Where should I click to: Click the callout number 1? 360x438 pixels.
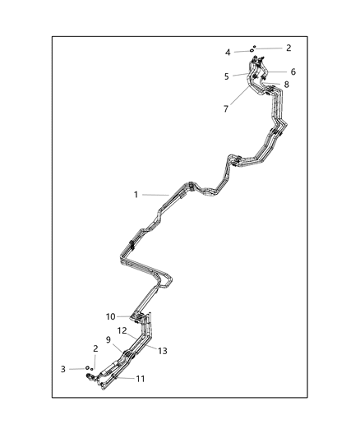[136, 195]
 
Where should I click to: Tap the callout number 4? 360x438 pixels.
[228, 53]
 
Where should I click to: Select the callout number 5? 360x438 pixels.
[227, 76]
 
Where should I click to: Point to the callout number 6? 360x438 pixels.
[293, 71]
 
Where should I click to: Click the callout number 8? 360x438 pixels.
[286, 85]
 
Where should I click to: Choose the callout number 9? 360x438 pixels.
[108, 339]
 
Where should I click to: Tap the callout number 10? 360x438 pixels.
[111, 316]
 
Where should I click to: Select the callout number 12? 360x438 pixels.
[121, 330]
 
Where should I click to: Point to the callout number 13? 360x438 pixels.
[163, 350]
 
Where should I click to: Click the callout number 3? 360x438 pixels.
[62, 369]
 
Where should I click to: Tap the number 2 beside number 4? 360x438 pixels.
[288, 48]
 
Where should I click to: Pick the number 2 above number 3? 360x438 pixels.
[96, 348]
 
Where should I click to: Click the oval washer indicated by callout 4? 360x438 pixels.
[249, 51]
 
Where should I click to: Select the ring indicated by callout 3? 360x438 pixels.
[87, 368]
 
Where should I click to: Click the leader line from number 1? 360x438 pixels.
[154, 195]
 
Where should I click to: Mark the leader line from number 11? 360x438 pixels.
[124, 378]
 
